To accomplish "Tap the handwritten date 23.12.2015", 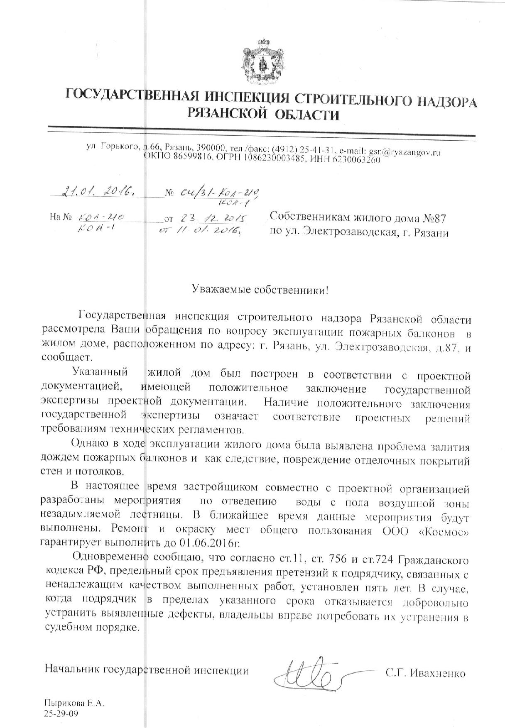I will [212, 218].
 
